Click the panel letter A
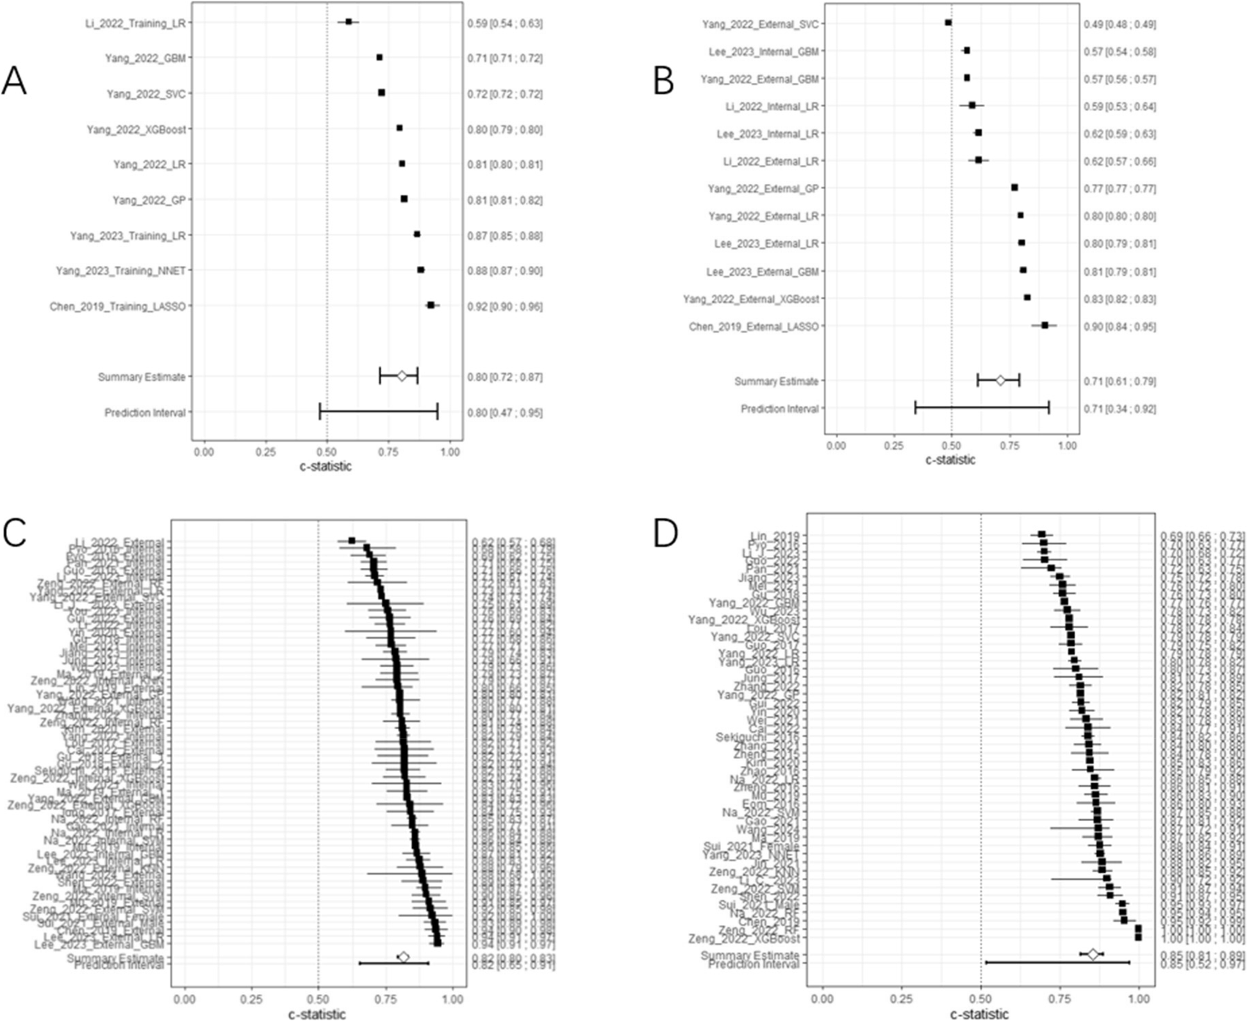[x=14, y=82]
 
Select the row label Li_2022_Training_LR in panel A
[x=135, y=24]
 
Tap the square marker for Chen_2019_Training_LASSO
[x=431, y=305]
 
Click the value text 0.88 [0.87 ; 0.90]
[x=504, y=271]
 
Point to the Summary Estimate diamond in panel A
[x=402, y=376]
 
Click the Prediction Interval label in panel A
[x=145, y=413]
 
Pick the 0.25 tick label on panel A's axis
[x=265, y=452]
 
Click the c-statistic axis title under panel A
[x=326, y=467]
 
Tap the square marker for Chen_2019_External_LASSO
[x=1045, y=326]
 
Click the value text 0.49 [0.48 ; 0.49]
[x=1119, y=24]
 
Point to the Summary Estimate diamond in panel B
[x=1000, y=381]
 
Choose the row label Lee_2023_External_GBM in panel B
[x=763, y=272]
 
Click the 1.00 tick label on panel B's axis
[x=1067, y=445]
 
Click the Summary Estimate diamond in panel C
[x=404, y=957]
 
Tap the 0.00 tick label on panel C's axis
[x=185, y=999]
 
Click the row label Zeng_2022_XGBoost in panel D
[x=744, y=939]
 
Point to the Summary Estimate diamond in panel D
[x=1093, y=955]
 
